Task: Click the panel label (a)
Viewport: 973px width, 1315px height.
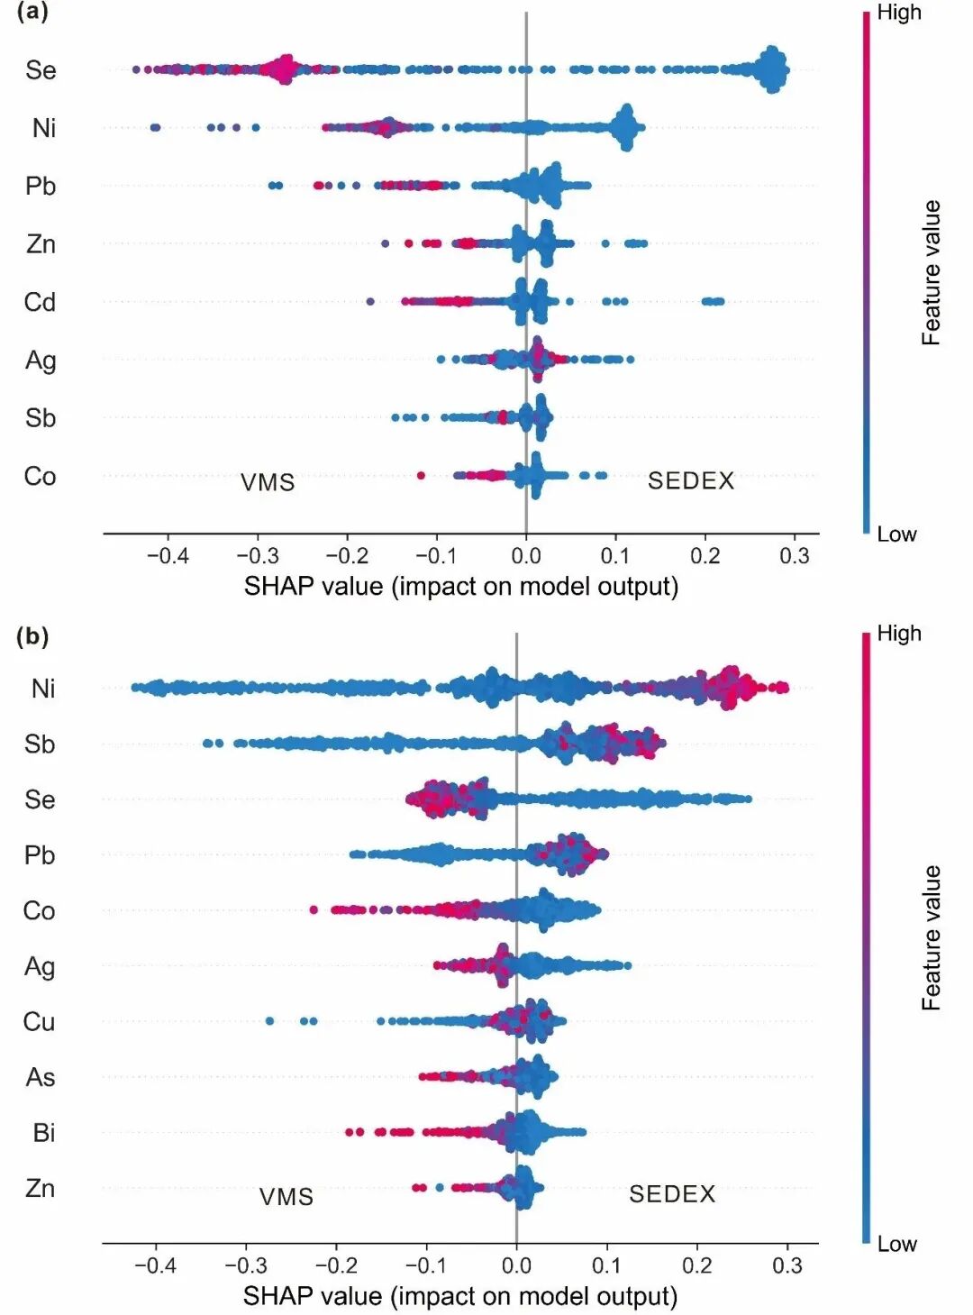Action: click(32, 12)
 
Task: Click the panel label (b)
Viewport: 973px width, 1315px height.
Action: click(32, 636)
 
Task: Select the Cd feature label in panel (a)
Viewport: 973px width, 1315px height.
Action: click(40, 302)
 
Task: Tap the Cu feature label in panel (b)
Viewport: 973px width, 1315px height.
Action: click(39, 1021)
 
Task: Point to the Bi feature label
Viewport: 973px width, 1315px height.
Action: click(43, 1133)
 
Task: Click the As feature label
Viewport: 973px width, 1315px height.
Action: click(41, 1077)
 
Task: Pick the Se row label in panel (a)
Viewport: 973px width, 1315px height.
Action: click(41, 70)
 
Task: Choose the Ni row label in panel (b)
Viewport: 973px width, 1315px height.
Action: click(42, 689)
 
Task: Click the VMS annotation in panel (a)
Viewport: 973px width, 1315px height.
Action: click(268, 482)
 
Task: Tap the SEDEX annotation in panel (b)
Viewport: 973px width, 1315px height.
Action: click(672, 1194)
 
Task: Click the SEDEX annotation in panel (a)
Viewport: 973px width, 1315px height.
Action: click(691, 480)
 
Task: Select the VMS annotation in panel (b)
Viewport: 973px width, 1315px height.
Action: click(286, 1197)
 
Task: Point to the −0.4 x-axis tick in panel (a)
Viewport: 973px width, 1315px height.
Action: click(168, 556)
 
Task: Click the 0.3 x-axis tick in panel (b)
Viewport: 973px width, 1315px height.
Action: click(787, 1265)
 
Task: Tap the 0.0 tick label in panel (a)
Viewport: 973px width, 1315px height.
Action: click(526, 556)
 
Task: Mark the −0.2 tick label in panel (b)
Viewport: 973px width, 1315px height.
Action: click(335, 1265)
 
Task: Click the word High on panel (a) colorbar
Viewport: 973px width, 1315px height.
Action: click(899, 13)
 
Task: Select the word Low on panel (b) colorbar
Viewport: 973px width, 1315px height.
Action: click(896, 1244)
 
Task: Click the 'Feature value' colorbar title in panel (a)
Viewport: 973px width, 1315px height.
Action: click(931, 272)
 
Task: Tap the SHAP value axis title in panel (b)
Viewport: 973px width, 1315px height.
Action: click(460, 1296)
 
